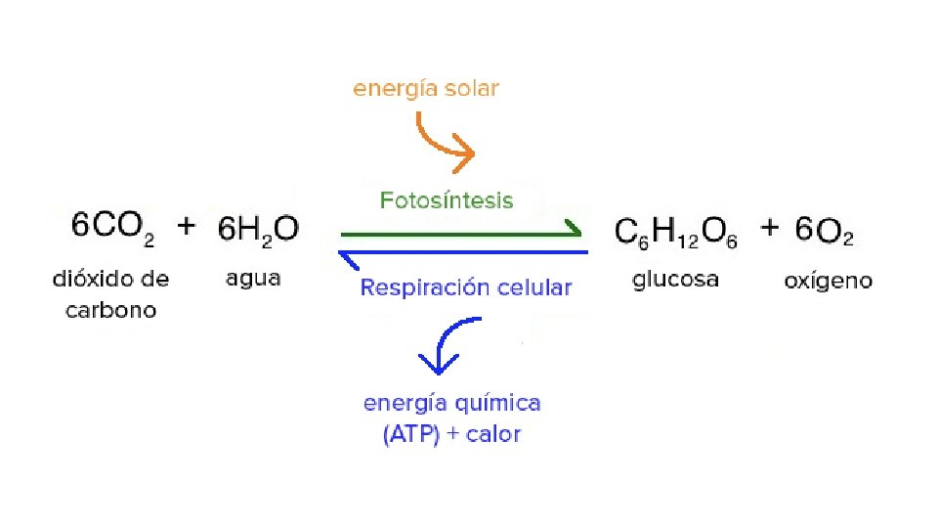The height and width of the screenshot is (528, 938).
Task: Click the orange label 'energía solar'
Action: [x=426, y=89]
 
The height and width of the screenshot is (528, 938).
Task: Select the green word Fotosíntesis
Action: [x=446, y=200]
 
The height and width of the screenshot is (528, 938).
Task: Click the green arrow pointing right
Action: [x=459, y=234]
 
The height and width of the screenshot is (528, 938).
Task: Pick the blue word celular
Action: [x=532, y=287]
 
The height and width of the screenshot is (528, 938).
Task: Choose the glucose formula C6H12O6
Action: [x=676, y=233]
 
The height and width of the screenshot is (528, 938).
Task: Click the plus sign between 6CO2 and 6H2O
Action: [x=186, y=226]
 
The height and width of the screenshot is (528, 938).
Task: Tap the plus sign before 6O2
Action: [x=770, y=228]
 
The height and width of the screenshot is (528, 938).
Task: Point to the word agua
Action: [x=253, y=279]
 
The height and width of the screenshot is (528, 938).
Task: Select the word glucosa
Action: [x=675, y=280]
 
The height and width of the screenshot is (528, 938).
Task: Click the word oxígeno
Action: [x=828, y=282]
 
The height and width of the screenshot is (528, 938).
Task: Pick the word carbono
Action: [x=110, y=311]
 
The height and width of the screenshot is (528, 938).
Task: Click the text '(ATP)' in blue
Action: [x=410, y=434]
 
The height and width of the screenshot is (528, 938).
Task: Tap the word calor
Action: [x=493, y=434]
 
